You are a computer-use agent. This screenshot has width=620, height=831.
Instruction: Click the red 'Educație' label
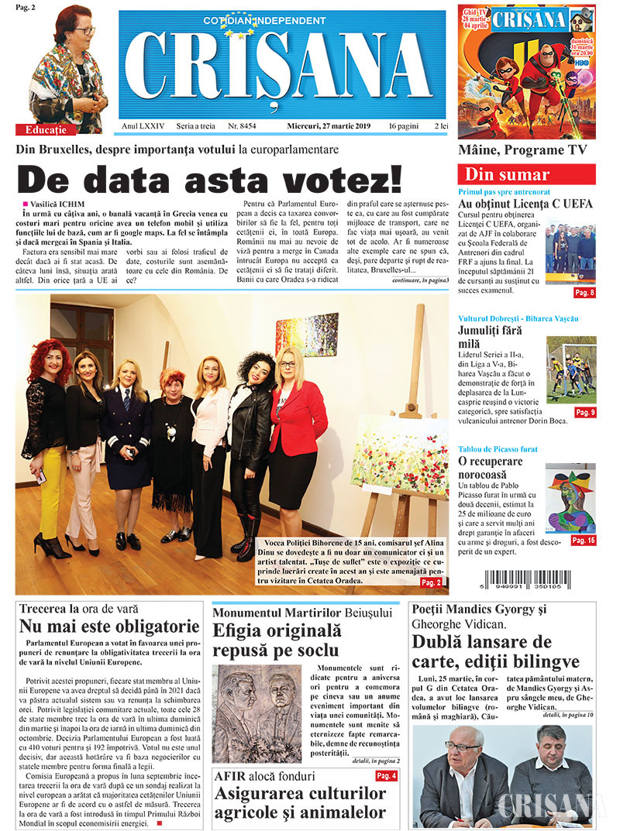tap(46, 129)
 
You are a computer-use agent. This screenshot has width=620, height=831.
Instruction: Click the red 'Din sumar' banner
tap(526, 174)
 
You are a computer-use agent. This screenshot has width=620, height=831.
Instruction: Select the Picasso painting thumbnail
tap(570, 498)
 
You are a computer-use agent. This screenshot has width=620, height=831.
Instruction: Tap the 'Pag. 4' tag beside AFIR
tap(386, 776)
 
